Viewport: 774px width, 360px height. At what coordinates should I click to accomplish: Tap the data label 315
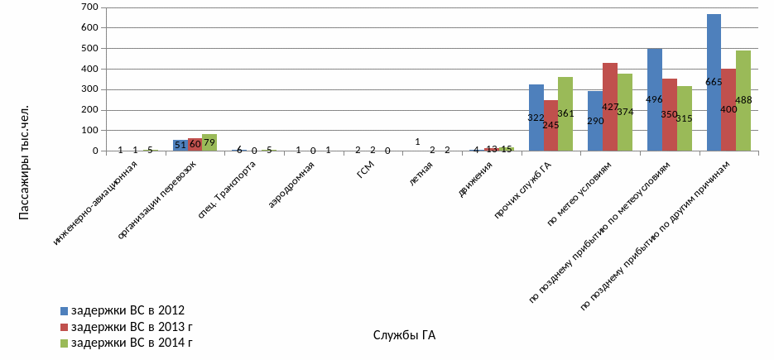pyautogui.click(x=684, y=119)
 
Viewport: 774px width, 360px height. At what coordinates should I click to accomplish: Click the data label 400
pyautogui.click(x=728, y=109)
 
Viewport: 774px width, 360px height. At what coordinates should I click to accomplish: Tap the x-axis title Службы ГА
pyautogui.click(x=404, y=335)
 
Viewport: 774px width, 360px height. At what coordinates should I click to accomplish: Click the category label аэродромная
pyautogui.click(x=293, y=180)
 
